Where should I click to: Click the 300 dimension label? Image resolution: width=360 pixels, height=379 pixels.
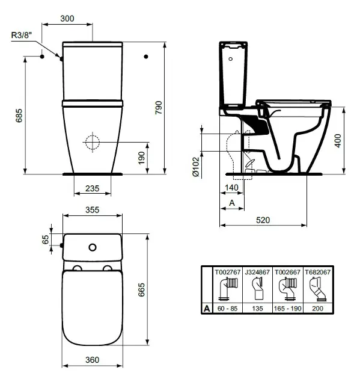67,19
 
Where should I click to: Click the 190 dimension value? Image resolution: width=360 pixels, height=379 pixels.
141,157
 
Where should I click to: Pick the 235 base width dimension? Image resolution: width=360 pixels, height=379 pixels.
92,188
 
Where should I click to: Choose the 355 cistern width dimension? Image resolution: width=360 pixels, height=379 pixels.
91,211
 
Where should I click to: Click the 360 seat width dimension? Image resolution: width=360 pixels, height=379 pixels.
91,360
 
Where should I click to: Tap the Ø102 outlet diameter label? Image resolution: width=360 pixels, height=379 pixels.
196,167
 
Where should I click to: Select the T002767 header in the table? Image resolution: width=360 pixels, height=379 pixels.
228,272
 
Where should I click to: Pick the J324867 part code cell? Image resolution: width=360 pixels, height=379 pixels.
257,272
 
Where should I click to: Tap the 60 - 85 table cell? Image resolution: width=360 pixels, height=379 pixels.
228,309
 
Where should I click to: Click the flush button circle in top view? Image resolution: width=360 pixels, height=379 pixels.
92,247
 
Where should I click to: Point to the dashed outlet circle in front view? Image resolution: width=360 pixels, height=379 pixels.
92,143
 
